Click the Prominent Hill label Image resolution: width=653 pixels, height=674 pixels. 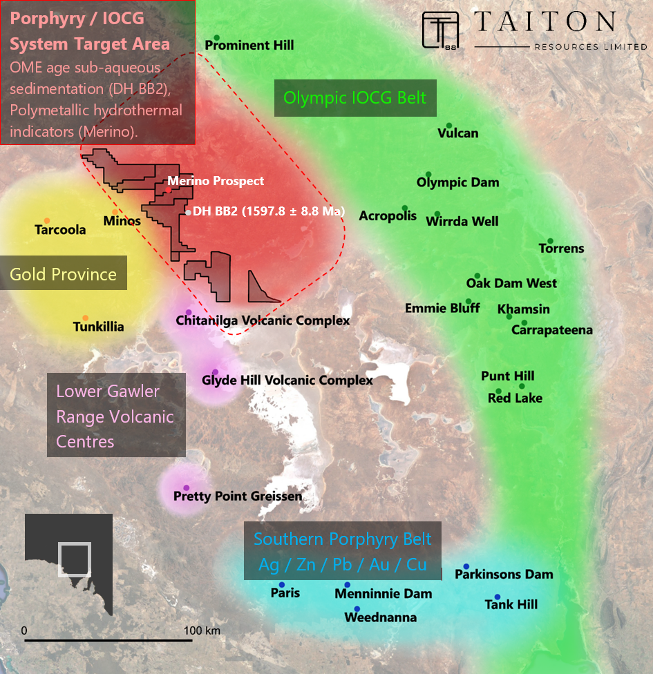[249, 46]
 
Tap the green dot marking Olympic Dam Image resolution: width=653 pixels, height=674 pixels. [428, 174]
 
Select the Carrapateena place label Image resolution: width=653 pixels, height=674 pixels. [551, 330]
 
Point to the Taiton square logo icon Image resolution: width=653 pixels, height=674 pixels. [441, 30]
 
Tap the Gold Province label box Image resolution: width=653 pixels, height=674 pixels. [64, 274]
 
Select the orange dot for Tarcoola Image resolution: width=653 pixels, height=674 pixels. [46, 220]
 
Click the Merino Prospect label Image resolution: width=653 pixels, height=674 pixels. [216, 181]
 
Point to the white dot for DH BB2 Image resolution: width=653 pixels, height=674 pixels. [188, 212]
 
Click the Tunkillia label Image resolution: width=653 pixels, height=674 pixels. [99, 327]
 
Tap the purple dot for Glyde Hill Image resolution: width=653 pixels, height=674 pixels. [216, 372]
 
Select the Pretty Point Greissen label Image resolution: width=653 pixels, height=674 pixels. [238, 496]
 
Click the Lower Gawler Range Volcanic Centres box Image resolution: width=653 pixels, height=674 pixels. [115, 416]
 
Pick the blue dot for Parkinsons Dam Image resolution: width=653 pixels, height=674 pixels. [466, 566]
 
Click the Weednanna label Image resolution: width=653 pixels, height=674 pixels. [380, 617]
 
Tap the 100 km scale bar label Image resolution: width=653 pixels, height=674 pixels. [202, 630]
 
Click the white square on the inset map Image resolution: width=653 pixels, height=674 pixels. [74, 559]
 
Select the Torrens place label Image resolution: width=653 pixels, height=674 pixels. [561, 249]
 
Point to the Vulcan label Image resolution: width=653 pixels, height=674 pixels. [457, 133]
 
